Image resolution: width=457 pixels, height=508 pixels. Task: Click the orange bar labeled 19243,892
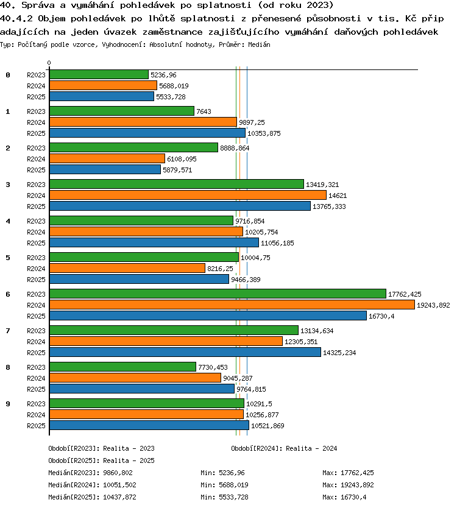pyautogui.click(x=232, y=305)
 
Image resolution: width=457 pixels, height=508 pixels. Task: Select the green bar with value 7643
pyautogui.click(x=122, y=111)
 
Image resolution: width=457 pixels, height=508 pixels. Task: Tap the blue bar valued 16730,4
pyautogui.click(x=208, y=316)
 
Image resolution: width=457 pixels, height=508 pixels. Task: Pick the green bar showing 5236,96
pyautogui.click(x=99, y=74)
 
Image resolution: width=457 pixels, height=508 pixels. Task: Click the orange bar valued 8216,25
pyautogui.click(x=127, y=268)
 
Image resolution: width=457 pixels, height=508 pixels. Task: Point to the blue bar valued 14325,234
pyautogui.click(x=185, y=352)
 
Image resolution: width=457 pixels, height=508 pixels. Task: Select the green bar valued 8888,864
pyautogui.click(x=133, y=147)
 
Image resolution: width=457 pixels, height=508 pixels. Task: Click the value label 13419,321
pyautogui.click(x=322, y=185)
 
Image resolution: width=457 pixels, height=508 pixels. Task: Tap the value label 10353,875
pyautogui.click(x=264, y=133)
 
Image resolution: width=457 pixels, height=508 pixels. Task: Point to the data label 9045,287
pyautogui.click(x=238, y=378)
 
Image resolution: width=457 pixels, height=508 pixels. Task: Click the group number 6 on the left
pyautogui.click(x=8, y=294)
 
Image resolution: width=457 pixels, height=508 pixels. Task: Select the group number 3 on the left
pyautogui.click(x=8, y=185)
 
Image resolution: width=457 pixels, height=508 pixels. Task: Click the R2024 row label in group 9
pyautogui.click(x=36, y=415)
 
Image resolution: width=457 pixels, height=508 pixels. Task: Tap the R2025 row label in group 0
pyautogui.click(x=36, y=97)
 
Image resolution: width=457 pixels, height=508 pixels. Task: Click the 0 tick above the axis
pyautogui.click(x=49, y=63)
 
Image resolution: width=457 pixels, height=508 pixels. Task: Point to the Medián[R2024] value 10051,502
pyautogui.click(x=119, y=485)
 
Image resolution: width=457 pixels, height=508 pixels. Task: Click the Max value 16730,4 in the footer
pyautogui.click(x=353, y=497)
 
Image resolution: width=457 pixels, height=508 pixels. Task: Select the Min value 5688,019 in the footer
pyautogui.click(x=233, y=485)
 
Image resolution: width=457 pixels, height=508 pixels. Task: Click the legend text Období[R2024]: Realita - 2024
pyautogui.click(x=284, y=448)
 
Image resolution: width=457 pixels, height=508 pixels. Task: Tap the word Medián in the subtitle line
pyautogui.click(x=259, y=44)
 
